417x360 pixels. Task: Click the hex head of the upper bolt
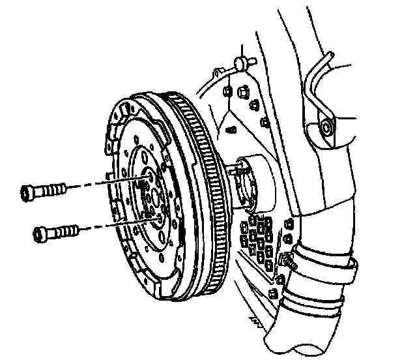pyautogui.click(x=29, y=192)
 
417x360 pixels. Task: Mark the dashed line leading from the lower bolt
pyautogui.click(x=111, y=224)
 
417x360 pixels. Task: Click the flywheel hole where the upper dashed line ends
pyautogui.click(x=151, y=177)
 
